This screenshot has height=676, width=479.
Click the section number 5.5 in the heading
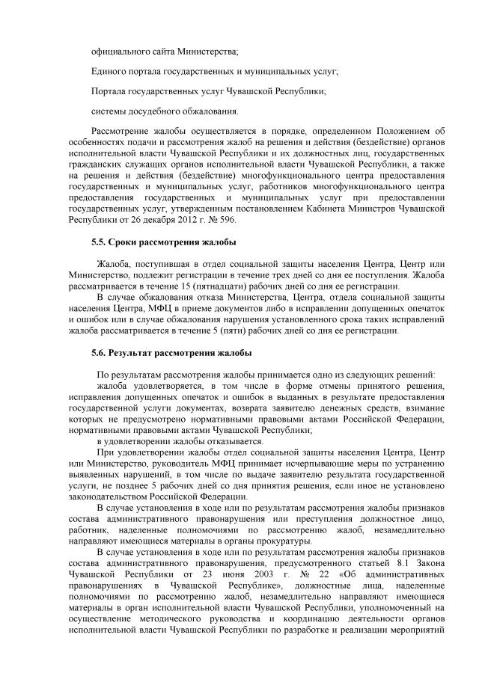tap(98, 243)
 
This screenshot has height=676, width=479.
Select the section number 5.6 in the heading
tap(98, 352)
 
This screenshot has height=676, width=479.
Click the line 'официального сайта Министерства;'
tap(165, 51)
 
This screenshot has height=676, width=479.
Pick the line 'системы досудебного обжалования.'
tap(165, 111)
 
